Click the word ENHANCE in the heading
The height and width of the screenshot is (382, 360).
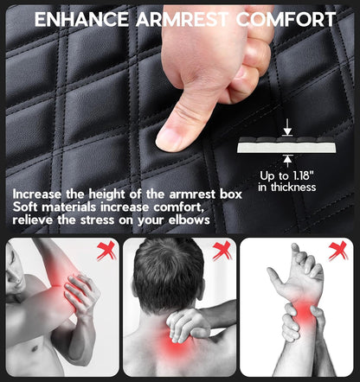click(x=81, y=20)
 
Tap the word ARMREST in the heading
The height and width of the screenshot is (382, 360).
click(x=182, y=20)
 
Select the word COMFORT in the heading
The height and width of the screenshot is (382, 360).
click(x=286, y=20)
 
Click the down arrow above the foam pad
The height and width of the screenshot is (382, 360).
click(x=287, y=128)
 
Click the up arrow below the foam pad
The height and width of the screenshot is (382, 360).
click(x=287, y=161)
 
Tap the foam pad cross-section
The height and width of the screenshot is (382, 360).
click(x=286, y=145)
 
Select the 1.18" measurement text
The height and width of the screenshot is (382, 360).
click(x=304, y=175)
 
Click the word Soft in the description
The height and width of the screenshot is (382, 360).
click(x=27, y=207)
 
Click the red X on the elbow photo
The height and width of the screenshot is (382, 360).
click(x=106, y=251)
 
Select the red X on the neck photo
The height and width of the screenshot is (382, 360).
click(x=222, y=251)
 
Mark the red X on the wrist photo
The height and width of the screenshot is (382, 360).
click(x=338, y=251)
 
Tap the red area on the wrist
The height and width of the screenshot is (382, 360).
click(x=305, y=313)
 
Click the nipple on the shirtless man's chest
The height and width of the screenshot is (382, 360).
click(x=35, y=348)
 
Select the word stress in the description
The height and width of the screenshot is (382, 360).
click(x=97, y=220)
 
